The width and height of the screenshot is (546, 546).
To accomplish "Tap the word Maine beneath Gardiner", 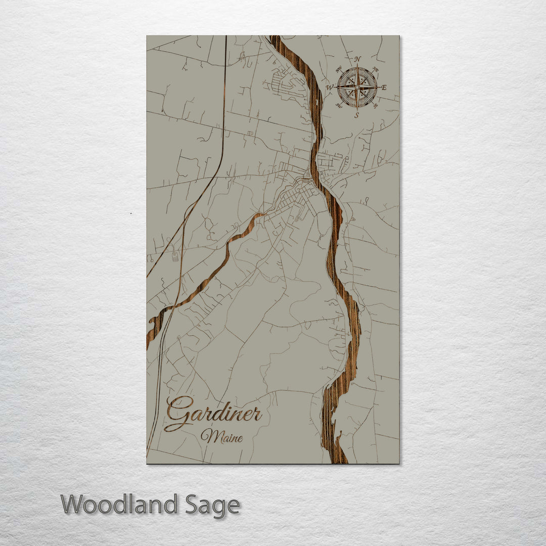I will click(221, 435).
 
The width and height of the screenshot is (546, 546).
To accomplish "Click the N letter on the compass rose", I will click(357, 59).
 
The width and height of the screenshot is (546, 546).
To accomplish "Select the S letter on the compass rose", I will click(356, 115).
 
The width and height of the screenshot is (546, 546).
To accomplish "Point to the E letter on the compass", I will click(384, 87).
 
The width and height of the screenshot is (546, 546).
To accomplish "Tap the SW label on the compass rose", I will click(339, 105).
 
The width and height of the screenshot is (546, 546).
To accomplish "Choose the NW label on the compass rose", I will click(339, 69).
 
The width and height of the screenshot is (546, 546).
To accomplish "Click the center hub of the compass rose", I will click(357, 87).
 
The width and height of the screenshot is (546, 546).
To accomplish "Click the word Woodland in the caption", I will click(119, 505).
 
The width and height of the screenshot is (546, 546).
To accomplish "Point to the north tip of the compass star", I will click(357, 65).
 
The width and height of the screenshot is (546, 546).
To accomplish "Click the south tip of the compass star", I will click(357, 110).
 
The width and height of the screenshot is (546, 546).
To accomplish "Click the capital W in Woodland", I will click(72, 505).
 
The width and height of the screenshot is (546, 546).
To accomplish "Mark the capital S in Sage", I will click(191, 505).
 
